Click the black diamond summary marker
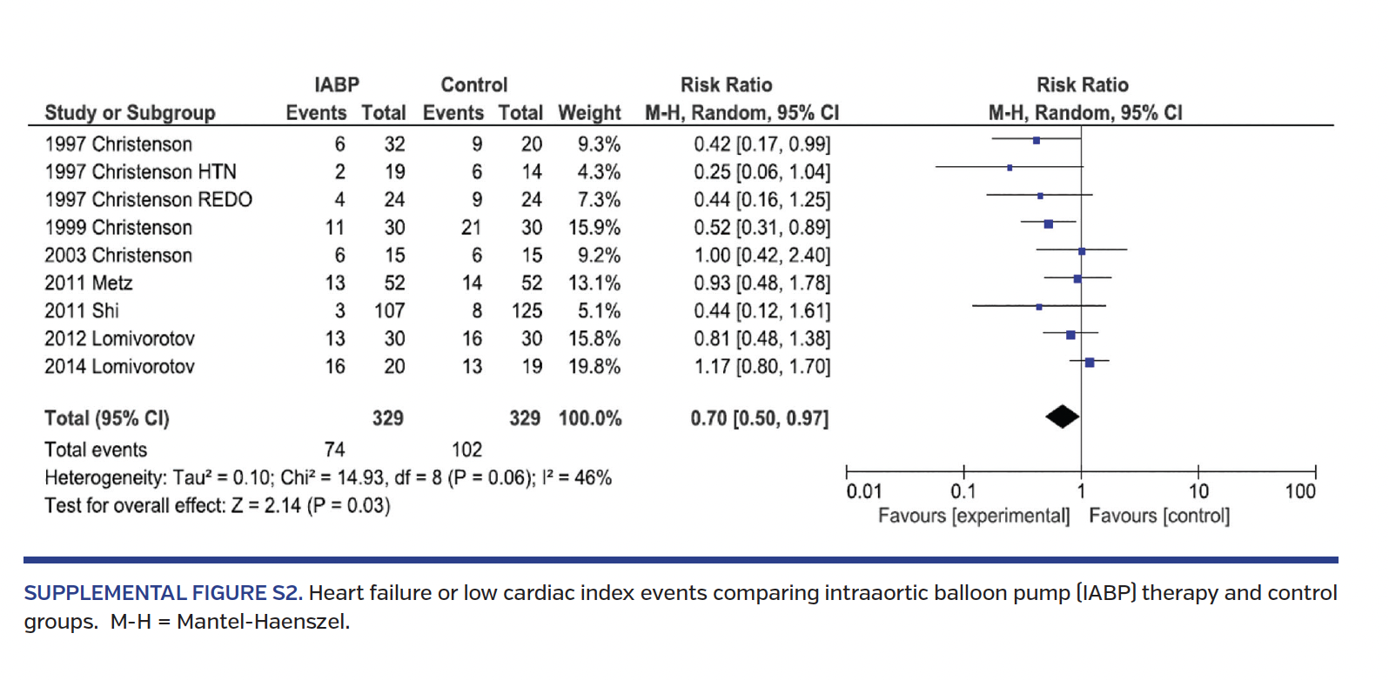tap(1062, 417)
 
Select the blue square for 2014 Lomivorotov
tap(1090, 362)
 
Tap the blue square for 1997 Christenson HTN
tap(1010, 167)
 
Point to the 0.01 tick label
tap(863, 491)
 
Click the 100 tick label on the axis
tap(1300, 491)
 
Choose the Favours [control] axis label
tap(1159, 516)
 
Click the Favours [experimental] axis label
tap(973, 516)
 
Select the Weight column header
tap(589, 113)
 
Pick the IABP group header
tap(337, 85)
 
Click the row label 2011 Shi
tap(82, 310)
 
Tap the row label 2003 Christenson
tap(118, 255)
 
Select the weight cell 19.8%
tap(594, 366)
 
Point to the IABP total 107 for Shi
tap(390, 310)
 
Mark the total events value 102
tap(466, 450)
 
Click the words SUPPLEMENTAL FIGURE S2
tap(163, 593)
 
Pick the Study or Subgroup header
tap(130, 113)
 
